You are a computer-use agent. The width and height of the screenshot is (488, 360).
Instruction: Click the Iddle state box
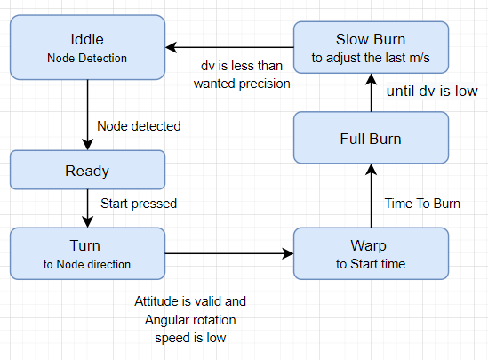click(87, 47)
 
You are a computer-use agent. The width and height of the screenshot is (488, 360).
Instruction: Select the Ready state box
click(87, 170)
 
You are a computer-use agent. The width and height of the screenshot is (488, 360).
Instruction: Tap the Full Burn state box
click(371, 138)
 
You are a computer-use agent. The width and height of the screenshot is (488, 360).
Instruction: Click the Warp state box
click(371, 253)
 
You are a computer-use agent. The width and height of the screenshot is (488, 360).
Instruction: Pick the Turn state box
click(87, 253)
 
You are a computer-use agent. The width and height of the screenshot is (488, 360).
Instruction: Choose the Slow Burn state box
click(371, 47)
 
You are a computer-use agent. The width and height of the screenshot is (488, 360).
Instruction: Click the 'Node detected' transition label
click(139, 126)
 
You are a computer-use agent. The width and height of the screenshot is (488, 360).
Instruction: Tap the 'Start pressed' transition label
click(139, 204)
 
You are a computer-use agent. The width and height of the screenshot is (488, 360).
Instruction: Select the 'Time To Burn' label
click(422, 204)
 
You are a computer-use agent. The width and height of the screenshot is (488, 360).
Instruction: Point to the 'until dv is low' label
click(432, 92)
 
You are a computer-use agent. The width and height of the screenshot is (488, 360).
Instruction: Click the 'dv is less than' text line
click(242, 66)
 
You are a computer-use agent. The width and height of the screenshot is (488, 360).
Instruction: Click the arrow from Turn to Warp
click(229, 253)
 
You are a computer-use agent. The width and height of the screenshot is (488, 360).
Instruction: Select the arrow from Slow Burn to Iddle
click(229, 47)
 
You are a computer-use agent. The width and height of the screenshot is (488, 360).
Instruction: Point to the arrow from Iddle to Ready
click(87, 116)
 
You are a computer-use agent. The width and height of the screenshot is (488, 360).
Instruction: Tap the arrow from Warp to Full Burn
click(371, 196)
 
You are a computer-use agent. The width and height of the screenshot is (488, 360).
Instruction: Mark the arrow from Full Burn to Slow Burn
click(371, 92)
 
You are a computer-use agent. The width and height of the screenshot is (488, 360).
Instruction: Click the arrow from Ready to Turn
click(87, 209)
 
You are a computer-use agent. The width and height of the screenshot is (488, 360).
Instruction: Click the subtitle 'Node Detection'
click(87, 58)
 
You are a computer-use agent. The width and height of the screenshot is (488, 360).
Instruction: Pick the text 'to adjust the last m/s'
click(371, 58)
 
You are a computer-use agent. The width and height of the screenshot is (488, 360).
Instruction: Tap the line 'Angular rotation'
click(190, 320)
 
